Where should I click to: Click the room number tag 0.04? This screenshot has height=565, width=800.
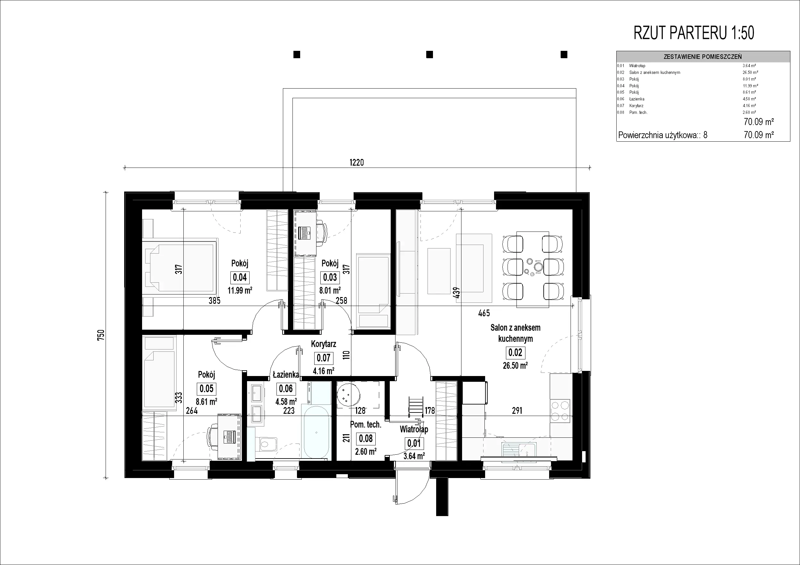[x=240, y=278]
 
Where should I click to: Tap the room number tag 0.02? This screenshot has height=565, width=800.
[x=515, y=353]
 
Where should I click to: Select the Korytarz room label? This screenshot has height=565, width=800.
[x=323, y=344]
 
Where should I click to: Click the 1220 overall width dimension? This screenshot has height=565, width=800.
[x=356, y=162]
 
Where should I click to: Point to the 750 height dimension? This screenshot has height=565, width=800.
[x=101, y=335]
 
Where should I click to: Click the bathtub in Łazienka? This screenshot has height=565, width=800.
[x=316, y=432]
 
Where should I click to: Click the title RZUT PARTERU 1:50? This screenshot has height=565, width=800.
[x=694, y=33]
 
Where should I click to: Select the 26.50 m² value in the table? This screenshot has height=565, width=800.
[x=750, y=72]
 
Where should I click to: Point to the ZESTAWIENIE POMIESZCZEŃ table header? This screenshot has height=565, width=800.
[x=703, y=57]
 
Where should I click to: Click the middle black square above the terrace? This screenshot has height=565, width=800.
[x=430, y=54]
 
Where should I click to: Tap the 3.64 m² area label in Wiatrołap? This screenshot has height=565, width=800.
[x=414, y=456]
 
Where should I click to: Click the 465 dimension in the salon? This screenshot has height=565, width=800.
[x=484, y=313]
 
